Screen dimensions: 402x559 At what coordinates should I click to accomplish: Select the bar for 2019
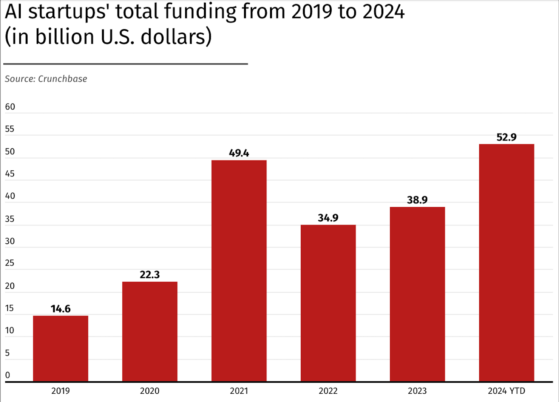point(60,348)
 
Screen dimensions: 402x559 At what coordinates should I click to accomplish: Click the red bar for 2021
point(239,271)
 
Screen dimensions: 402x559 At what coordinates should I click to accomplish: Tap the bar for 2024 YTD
point(506,263)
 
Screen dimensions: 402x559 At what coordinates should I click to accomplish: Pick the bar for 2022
point(328,303)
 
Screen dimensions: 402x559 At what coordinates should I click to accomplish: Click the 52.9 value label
point(506,137)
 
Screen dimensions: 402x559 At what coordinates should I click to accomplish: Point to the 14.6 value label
point(60,309)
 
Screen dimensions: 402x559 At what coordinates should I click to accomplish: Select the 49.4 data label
point(239,153)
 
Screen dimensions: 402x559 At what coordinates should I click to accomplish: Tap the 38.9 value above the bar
point(417,200)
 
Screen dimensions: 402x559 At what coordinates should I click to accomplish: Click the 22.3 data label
point(150,275)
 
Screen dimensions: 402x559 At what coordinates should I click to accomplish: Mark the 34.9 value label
point(328,218)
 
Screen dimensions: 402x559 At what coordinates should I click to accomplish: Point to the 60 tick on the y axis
point(10,107)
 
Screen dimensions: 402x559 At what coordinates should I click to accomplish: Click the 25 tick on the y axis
point(10,263)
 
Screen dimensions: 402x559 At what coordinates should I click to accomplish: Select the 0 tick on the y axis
point(8,375)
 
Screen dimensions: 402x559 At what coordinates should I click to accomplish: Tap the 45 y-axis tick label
point(10,174)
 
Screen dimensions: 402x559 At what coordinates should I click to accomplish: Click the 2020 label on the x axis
point(150,391)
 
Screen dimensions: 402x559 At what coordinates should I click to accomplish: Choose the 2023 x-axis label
point(417,391)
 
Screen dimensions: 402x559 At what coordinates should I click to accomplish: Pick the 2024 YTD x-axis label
point(506,391)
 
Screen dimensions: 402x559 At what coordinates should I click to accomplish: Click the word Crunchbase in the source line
point(62,79)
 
